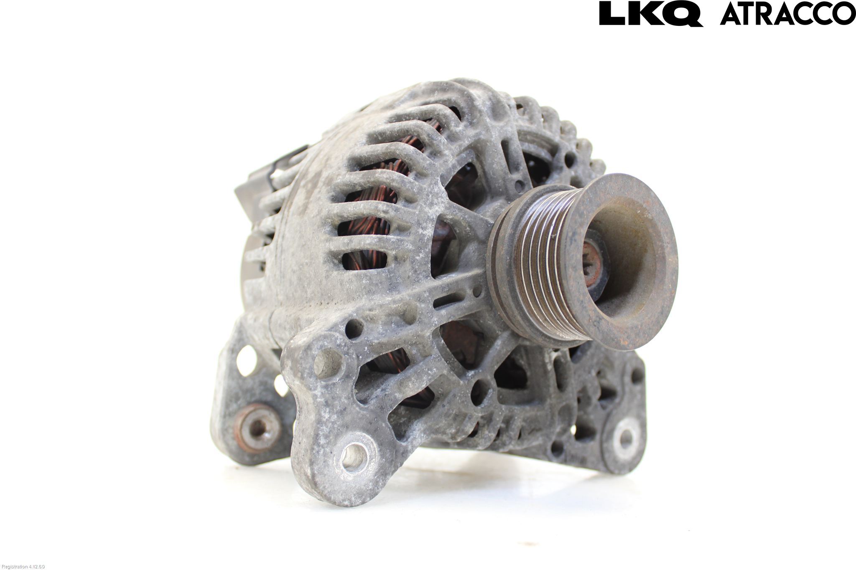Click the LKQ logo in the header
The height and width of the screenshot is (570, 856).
tap(651, 14)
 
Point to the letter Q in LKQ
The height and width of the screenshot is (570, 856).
tap(684, 15)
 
